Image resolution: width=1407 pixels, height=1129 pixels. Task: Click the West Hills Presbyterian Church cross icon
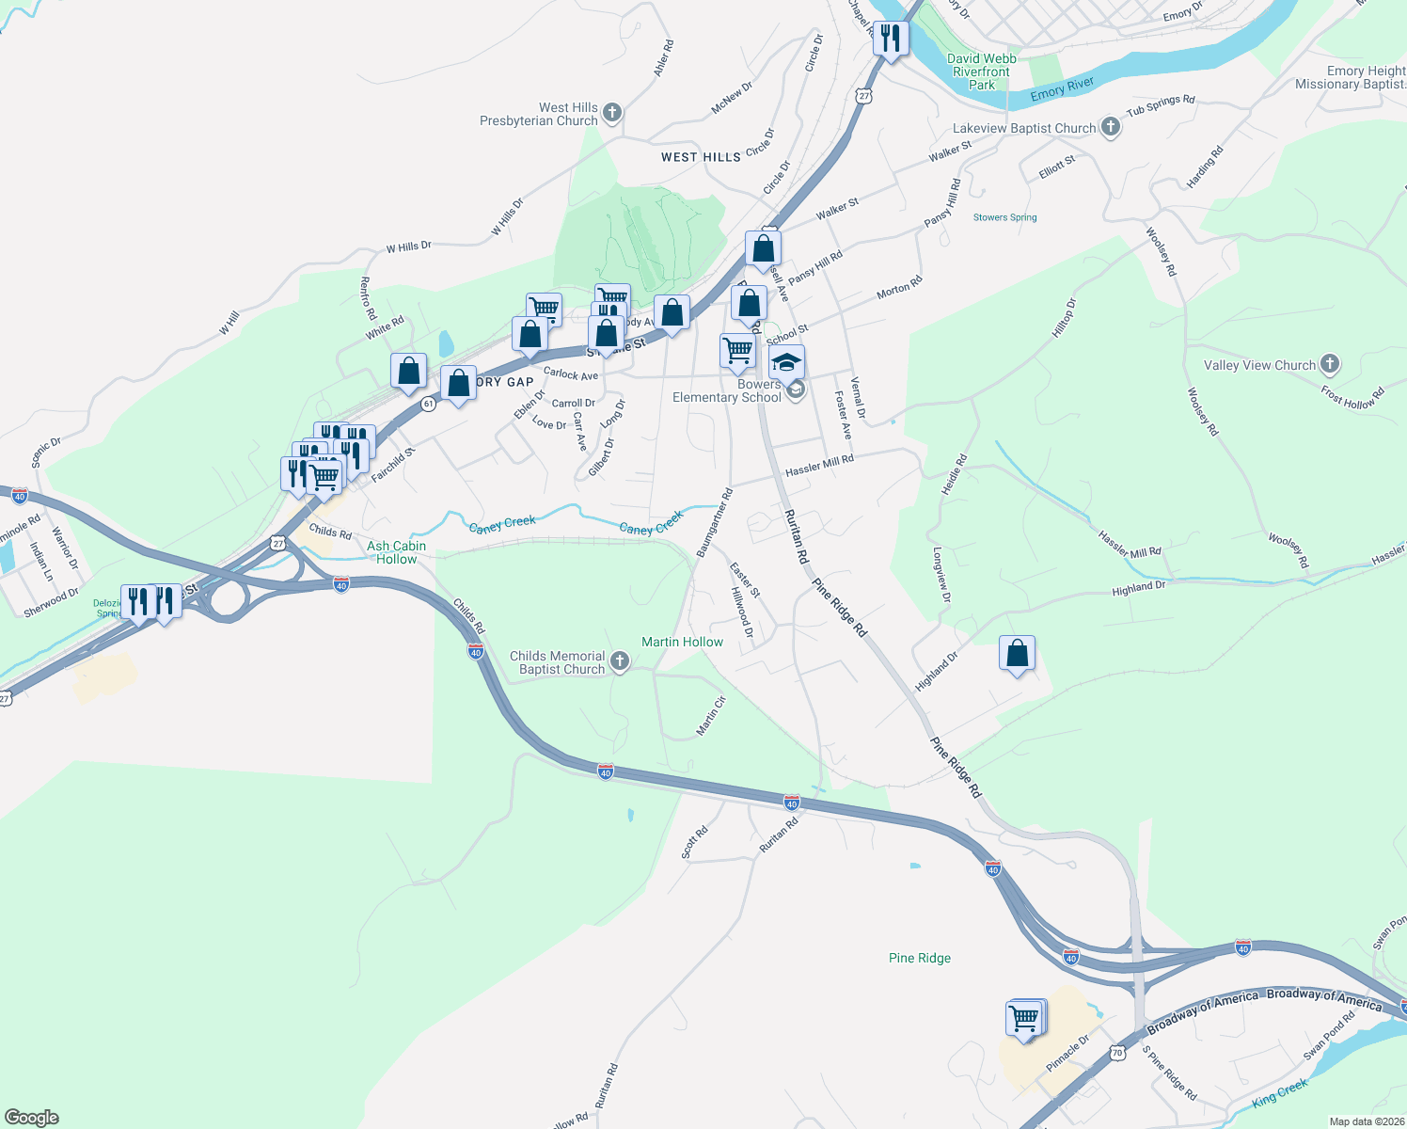(611, 114)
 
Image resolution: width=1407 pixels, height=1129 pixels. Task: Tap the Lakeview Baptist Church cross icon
(1110, 127)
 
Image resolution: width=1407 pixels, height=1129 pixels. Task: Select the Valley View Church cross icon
(1329, 364)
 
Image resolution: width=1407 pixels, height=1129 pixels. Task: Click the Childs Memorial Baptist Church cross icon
(619, 661)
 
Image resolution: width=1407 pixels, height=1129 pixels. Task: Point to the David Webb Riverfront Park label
(981, 72)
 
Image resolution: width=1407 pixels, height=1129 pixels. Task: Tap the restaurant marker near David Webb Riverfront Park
(890, 39)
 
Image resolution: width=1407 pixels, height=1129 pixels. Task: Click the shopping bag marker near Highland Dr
(1017, 654)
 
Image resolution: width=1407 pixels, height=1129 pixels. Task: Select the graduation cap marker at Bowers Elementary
(786, 362)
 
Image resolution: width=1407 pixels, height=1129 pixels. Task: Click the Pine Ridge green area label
(919, 958)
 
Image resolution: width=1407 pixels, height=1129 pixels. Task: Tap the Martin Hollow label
(682, 642)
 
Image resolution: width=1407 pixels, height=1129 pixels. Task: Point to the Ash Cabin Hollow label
(396, 552)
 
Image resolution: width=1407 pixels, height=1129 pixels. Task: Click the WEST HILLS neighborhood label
(701, 157)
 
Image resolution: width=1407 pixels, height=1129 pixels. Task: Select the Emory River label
(1062, 89)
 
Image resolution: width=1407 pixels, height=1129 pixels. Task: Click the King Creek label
(1280, 1093)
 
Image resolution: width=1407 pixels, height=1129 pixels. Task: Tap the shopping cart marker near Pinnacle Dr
(1023, 1019)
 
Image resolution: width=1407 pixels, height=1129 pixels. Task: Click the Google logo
(32, 1117)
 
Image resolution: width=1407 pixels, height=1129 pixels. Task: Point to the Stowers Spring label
(1004, 217)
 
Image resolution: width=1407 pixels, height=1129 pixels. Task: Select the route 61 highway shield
(429, 404)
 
